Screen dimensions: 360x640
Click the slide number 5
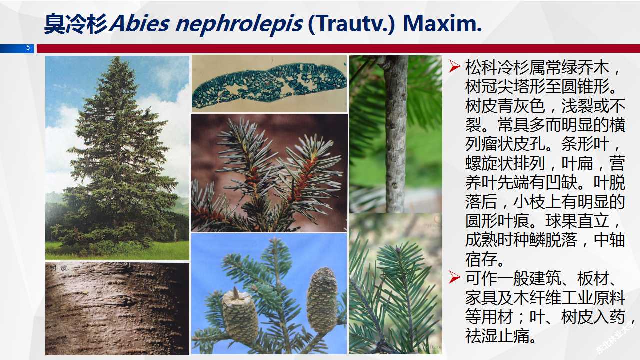[x=28, y=48]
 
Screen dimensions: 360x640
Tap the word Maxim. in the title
[x=443, y=24]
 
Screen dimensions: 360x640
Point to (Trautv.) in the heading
[x=353, y=24]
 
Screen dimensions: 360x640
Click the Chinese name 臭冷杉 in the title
[x=76, y=24]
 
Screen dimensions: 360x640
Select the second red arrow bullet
[x=454, y=277]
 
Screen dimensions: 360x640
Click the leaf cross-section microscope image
[x=269, y=83]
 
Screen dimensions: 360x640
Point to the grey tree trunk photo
[x=395, y=133]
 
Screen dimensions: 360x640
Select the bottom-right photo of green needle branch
[x=395, y=285]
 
